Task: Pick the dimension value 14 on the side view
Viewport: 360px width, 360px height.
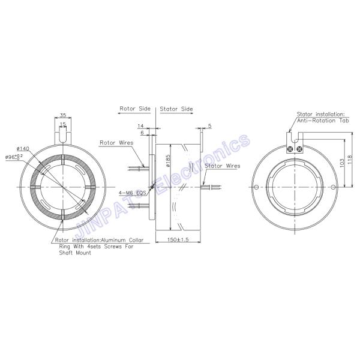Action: coord(141,127)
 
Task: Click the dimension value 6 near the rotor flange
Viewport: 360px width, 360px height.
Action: coord(142,134)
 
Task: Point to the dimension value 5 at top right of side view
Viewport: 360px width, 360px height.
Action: coord(210,126)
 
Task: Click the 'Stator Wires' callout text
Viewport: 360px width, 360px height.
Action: coord(222,165)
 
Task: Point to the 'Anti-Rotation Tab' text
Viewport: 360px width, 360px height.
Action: coord(327,119)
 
